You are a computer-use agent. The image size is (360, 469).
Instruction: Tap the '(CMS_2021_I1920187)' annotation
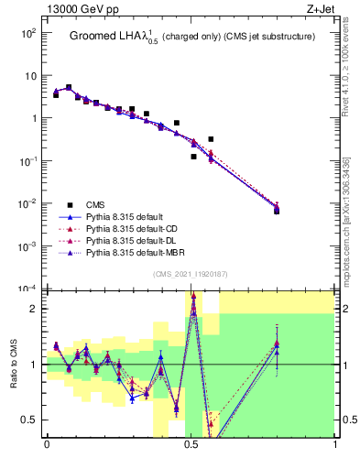190,275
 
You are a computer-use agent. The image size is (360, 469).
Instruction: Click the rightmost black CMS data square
277,211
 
